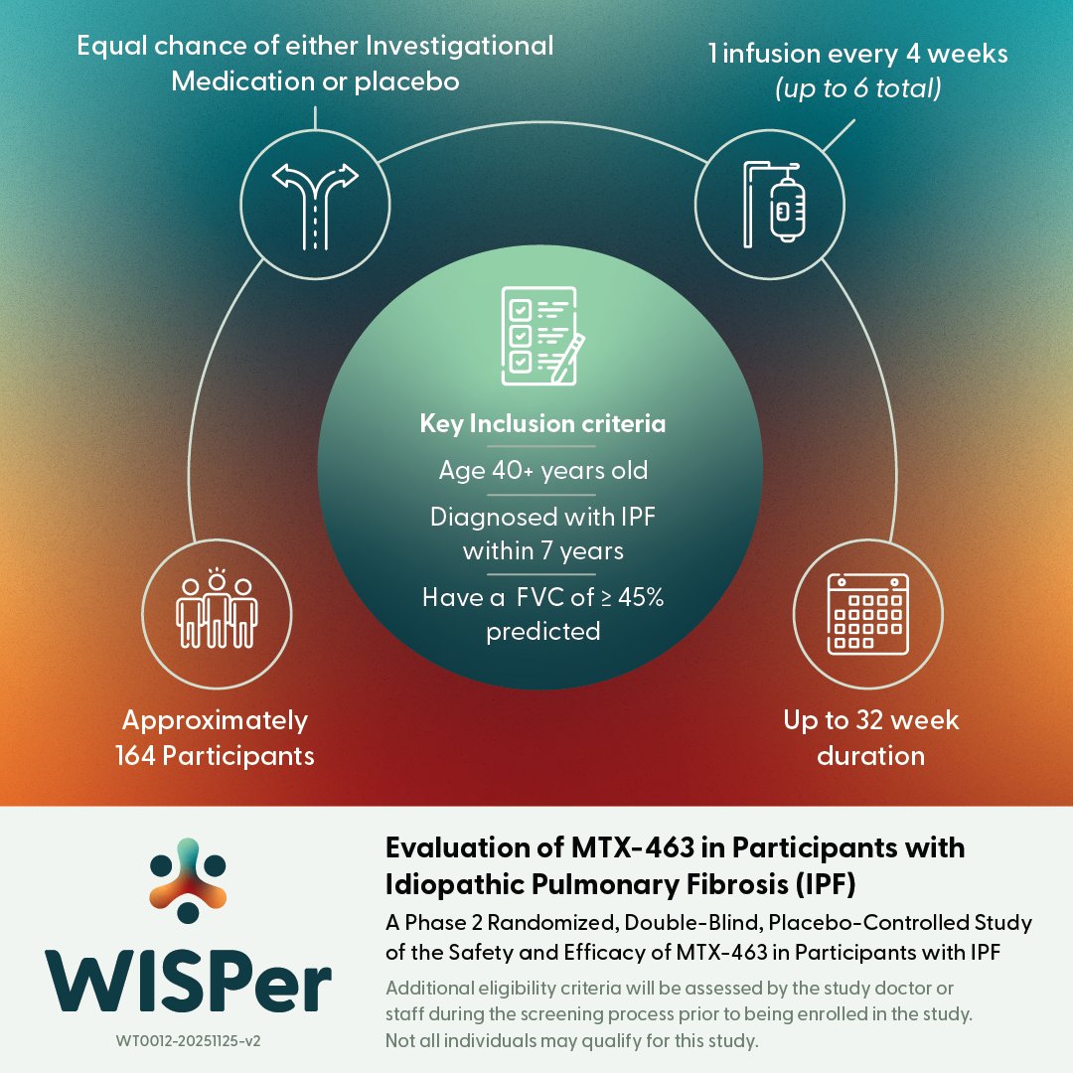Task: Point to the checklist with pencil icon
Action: pos(542,332)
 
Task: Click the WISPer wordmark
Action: pos(189,980)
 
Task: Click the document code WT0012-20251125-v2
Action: pos(189,1041)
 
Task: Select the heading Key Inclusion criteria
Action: pos(542,424)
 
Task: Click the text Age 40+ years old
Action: pos(542,470)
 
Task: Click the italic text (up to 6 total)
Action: pos(857,88)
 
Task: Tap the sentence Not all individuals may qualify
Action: pos(571,1041)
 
